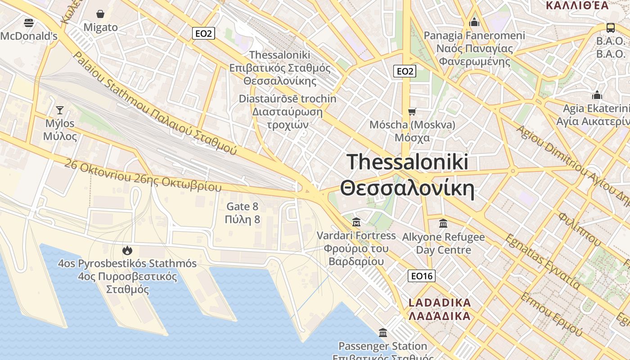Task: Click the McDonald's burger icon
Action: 29,22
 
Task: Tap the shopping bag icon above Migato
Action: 100,14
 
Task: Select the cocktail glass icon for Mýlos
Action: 59,110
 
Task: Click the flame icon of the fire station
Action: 127,250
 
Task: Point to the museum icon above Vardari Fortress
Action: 356,222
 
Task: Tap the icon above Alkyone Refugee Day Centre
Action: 443,223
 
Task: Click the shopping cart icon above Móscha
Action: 412,112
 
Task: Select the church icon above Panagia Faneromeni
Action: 474,22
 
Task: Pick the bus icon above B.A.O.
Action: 611,27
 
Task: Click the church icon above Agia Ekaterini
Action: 597,95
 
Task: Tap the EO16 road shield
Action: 422,276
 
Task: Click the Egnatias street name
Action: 542,261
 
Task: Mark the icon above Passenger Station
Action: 383,333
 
